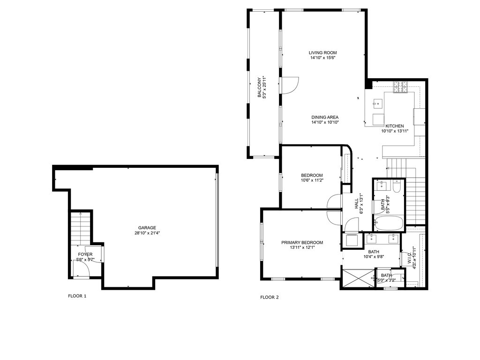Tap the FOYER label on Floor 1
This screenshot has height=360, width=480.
point(85,254)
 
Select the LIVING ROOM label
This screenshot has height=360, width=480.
point(322,52)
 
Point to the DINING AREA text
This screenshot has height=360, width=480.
point(325,117)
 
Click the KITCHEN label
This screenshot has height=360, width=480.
point(394,126)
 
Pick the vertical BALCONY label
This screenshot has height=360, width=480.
point(259,87)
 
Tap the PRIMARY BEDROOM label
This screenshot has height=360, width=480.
point(302,242)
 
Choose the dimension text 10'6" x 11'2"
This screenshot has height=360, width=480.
point(312,180)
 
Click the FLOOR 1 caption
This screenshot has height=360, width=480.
point(77,296)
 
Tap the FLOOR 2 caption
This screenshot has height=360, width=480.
point(270,297)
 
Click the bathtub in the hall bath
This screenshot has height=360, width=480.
point(388,223)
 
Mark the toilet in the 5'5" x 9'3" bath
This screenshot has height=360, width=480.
point(396,188)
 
